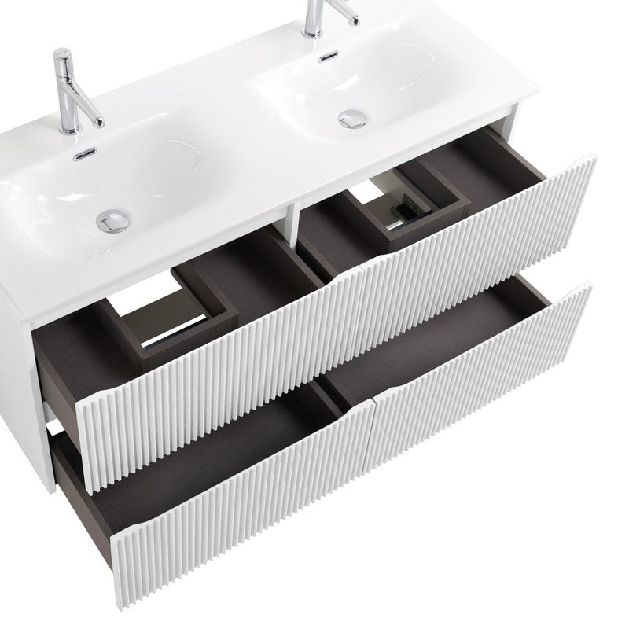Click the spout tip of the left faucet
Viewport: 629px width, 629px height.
(99, 122)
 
